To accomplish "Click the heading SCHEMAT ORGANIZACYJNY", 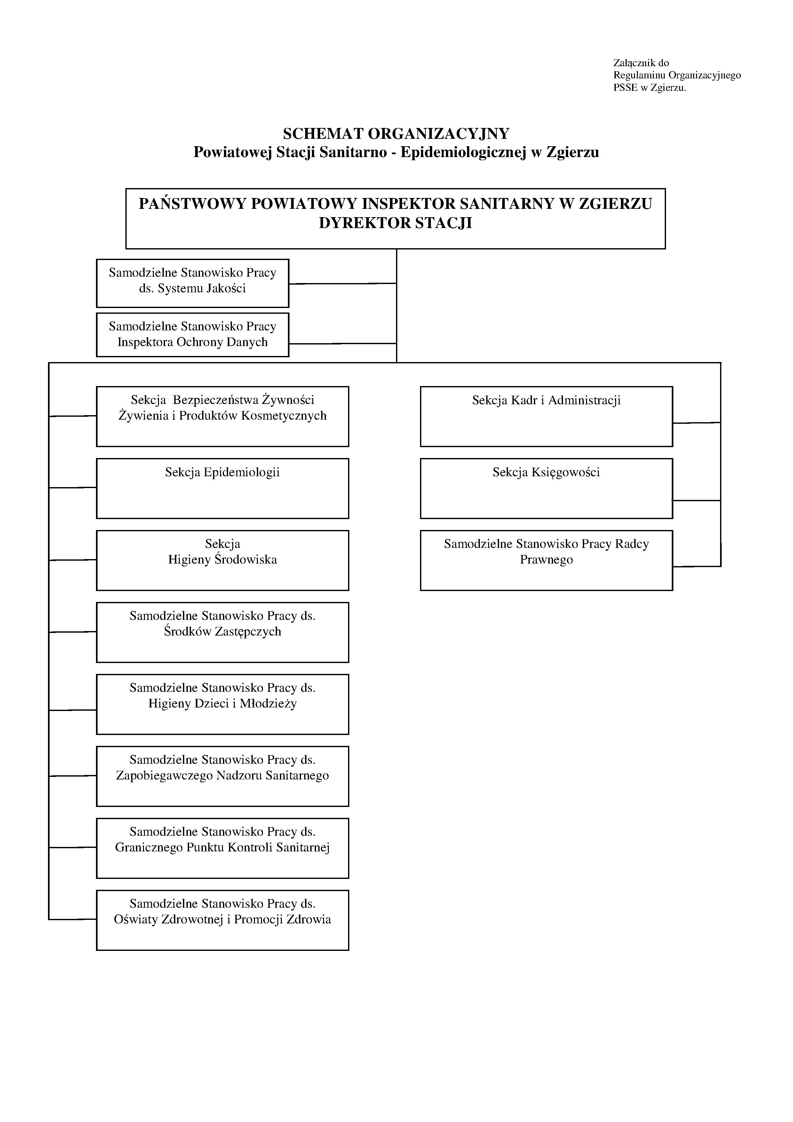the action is point(396,133).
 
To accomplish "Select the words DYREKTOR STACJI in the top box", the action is point(396,223).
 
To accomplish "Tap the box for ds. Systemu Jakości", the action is point(193,283).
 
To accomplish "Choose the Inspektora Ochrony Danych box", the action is point(193,335).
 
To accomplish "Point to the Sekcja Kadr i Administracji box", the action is point(546,416).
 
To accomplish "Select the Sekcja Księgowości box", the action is point(546,488).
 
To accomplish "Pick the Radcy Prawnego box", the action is point(546,560).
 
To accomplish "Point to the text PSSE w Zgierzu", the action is point(650,88).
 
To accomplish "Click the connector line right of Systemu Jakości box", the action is point(343,283).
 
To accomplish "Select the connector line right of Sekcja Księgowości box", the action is point(697,501).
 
